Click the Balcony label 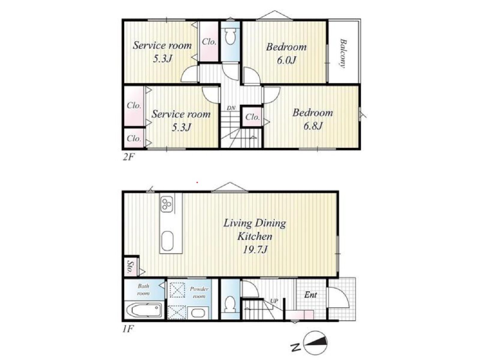pyautogui.click(x=343, y=53)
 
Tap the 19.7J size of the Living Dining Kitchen pyautogui.click(x=255, y=250)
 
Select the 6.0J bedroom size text pyautogui.click(x=286, y=60)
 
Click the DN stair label pyautogui.click(x=231, y=108)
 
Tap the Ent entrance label pyautogui.click(x=310, y=295)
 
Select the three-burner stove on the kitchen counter pyautogui.click(x=167, y=204)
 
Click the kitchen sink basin pyautogui.click(x=168, y=241)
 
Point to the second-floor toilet pyautogui.click(x=230, y=35)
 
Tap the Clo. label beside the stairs pyautogui.click(x=252, y=117)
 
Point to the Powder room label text pyautogui.click(x=199, y=292)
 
